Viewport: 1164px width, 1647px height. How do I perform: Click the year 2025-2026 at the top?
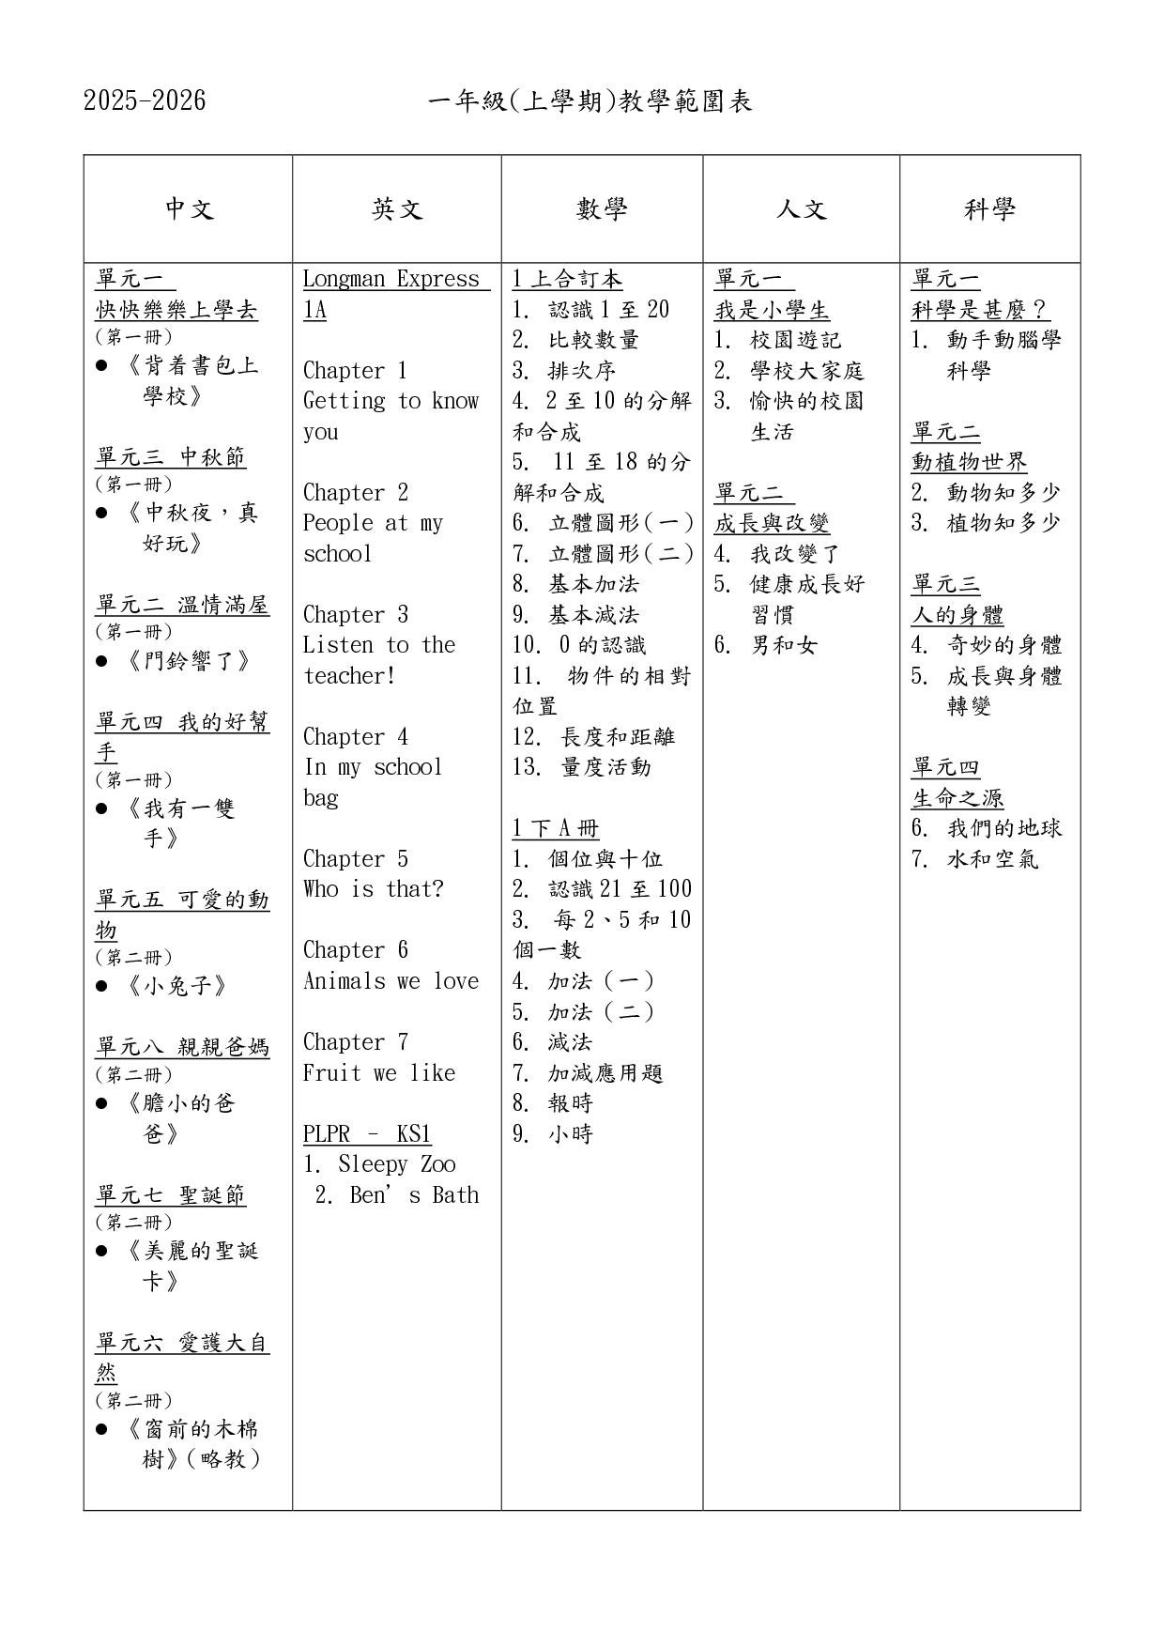click(x=145, y=101)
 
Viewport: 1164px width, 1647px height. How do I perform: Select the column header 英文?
click(x=397, y=208)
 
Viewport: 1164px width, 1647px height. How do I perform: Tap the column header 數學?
click(x=602, y=208)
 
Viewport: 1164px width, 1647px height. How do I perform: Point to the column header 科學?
click(x=989, y=208)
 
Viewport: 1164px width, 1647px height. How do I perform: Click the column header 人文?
click(x=801, y=208)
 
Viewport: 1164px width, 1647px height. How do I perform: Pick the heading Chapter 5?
click(x=356, y=859)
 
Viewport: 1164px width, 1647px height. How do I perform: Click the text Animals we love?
click(x=391, y=981)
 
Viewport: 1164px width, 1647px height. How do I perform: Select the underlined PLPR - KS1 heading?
click(x=366, y=1134)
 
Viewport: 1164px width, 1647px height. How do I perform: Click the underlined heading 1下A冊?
click(x=556, y=828)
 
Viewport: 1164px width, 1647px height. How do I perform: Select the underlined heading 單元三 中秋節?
click(x=171, y=457)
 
